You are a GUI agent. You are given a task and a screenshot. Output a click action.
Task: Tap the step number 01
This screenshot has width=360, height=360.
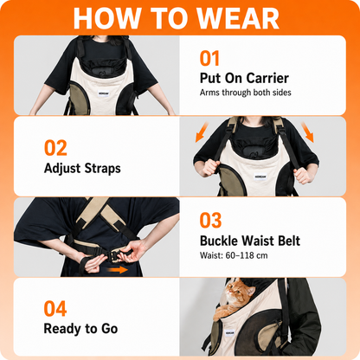point(209,59)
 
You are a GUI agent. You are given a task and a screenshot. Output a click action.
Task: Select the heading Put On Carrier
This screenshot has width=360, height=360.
point(244,78)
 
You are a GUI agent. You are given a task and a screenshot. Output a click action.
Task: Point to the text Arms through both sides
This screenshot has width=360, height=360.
point(246,93)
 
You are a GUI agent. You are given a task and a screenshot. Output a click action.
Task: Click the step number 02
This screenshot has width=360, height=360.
point(55,148)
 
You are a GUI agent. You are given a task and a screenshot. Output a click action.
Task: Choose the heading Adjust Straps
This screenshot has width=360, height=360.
point(82,169)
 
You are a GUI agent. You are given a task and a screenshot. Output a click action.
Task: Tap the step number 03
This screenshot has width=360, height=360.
point(210,221)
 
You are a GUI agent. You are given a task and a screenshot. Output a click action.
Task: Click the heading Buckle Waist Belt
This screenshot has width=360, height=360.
point(250,241)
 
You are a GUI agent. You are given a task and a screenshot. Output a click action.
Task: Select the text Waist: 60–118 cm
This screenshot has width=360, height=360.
point(234,255)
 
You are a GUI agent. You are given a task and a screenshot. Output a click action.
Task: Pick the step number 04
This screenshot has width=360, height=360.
point(55,309)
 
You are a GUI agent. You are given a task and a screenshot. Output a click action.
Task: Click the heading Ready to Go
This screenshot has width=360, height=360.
point(80,329)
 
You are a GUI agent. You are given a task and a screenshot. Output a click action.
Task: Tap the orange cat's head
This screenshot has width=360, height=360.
point(238,292)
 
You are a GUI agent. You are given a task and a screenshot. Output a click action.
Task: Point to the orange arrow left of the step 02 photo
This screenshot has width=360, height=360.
point(202,132)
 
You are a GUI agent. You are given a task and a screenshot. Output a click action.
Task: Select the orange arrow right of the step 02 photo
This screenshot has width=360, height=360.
point(307,132)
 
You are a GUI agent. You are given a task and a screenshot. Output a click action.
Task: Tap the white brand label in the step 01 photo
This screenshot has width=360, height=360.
point(104,93)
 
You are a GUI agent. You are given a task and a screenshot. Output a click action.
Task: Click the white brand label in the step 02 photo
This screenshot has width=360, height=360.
point(260,177)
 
